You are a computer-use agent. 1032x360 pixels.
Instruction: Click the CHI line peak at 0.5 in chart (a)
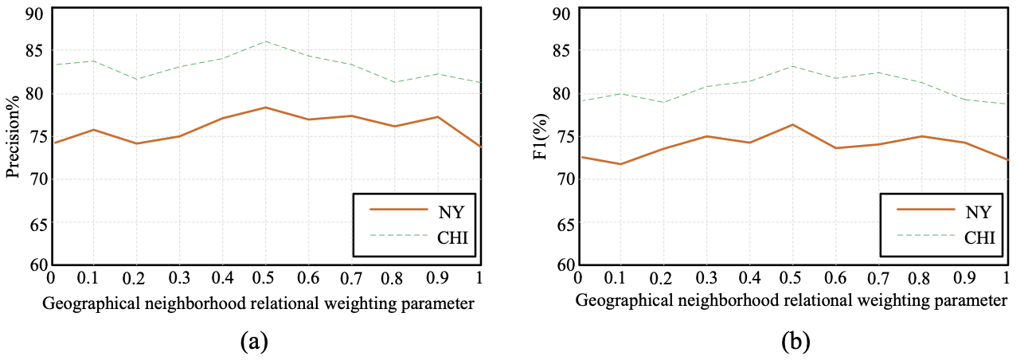click(x=265, y=41)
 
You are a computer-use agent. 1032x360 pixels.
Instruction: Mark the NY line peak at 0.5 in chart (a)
click(x=265, y=107)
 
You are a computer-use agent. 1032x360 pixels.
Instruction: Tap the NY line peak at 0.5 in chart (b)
click(x=792, y=124)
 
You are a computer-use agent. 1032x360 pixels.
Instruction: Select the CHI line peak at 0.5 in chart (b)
click(x=792, y=65)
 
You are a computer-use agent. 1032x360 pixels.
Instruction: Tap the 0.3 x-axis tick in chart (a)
click(x=179, y=278)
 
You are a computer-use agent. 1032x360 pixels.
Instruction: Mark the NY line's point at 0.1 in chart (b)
click(x=620, y=164)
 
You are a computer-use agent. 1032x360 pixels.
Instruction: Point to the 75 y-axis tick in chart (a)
click(x=38, y=136)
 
